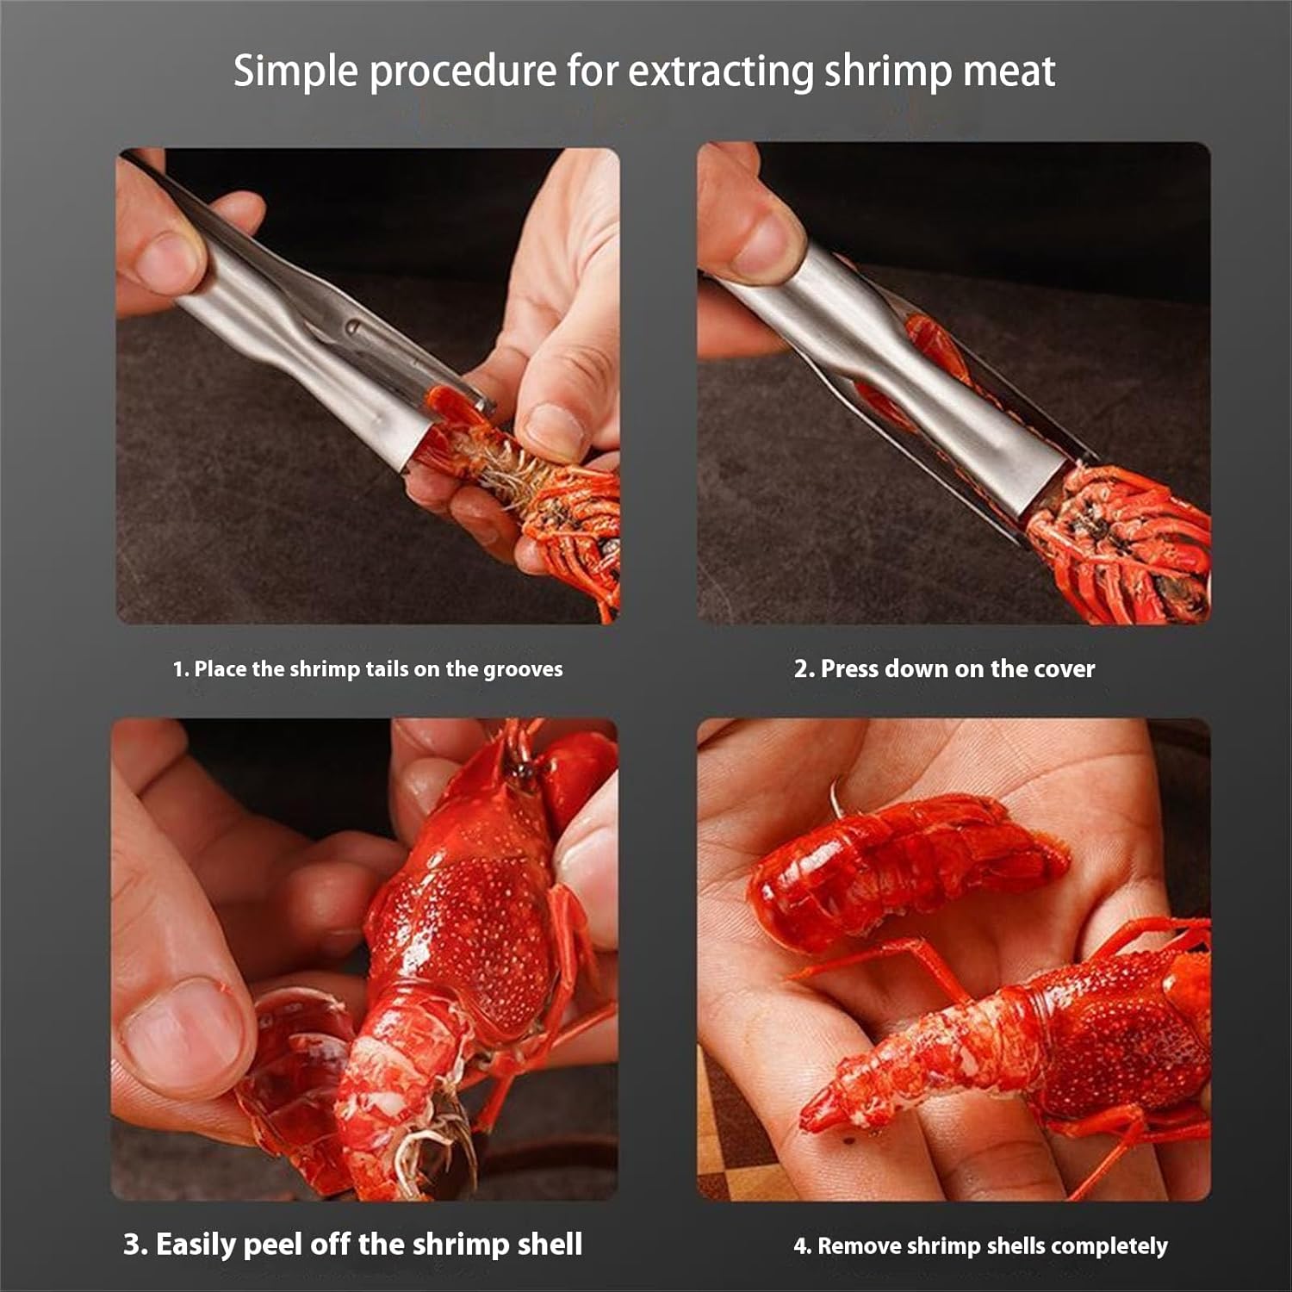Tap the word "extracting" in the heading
(719, 71)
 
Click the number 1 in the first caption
(179, 669)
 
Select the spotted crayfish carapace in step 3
(465, 930)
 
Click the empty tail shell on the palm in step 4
(904, 870)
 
